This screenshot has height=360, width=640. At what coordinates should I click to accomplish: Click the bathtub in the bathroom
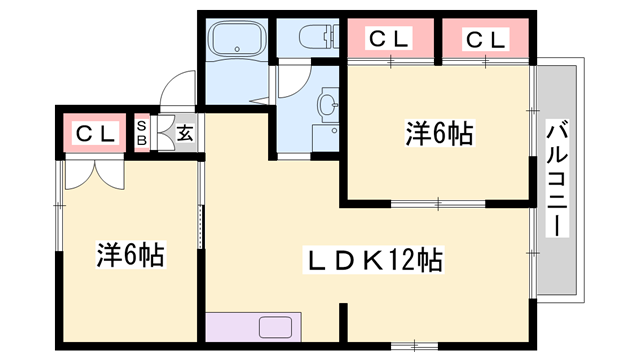[236, 42]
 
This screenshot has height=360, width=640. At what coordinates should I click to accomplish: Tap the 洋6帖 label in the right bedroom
[439, 132]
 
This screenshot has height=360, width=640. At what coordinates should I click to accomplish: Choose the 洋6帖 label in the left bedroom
[130, 255]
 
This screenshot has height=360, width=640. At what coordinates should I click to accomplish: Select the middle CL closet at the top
[390, 39]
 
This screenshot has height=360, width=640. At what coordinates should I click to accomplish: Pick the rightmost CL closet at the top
[486, 39]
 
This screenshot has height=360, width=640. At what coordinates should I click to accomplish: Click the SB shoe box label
[142, 133]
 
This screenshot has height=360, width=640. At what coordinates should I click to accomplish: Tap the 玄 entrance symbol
[185, 133]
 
